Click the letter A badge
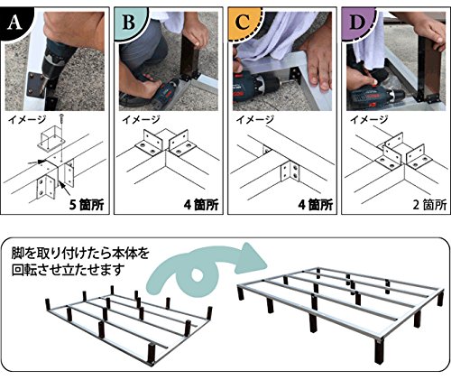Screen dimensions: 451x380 pyautogui.click(x=15, y=23)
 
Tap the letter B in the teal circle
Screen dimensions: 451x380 pyautogui.click(x=129, y=23)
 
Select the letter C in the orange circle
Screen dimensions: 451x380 pyautogui.click(x=243, y=23)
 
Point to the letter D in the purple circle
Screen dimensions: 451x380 pyautogui.click(x=357, y=23)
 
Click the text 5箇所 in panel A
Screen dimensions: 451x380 pyautogui.click(x=87, y=205)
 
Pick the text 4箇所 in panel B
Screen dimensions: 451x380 pyautogui.click(x=201, y=205)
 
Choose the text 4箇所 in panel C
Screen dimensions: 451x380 pyautogui.click(x=316, y=205)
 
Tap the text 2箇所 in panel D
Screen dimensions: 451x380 pyautogui.click(x=429, y=205)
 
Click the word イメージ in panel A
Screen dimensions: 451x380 pyautogui.click(x=27, y=120)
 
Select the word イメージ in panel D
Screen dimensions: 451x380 pyautogui.click(x=369, y=120)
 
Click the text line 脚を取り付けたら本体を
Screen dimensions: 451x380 pyautogui.click(x=80, y=254)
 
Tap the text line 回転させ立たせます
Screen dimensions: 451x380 pyautogui.click(x=69, y=270)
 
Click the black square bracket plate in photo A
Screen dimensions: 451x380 pyautogui.click(x=36, y=85)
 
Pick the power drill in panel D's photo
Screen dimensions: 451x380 pyautogui.click(x=376, y=97)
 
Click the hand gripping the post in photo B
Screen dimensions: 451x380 pyautogui.click(x=196, y=33)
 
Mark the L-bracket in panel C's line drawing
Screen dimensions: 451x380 pyautogui.click(x=290, y=171)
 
